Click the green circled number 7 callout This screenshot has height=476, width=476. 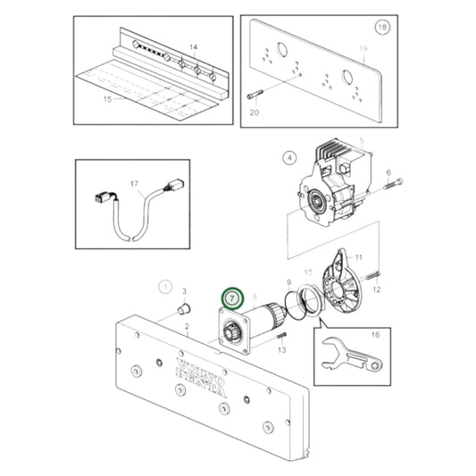tap(231, 296)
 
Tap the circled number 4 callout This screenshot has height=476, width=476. tap(288, 159)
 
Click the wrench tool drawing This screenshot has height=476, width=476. tap(350, 357)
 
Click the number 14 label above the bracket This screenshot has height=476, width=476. tap(191, 45)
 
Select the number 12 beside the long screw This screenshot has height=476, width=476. tap(377, 289)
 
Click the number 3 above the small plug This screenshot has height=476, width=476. tap(184, 291)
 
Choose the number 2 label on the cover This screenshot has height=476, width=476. tap(186, 327)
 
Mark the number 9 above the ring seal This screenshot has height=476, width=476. tap(288, 283)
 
